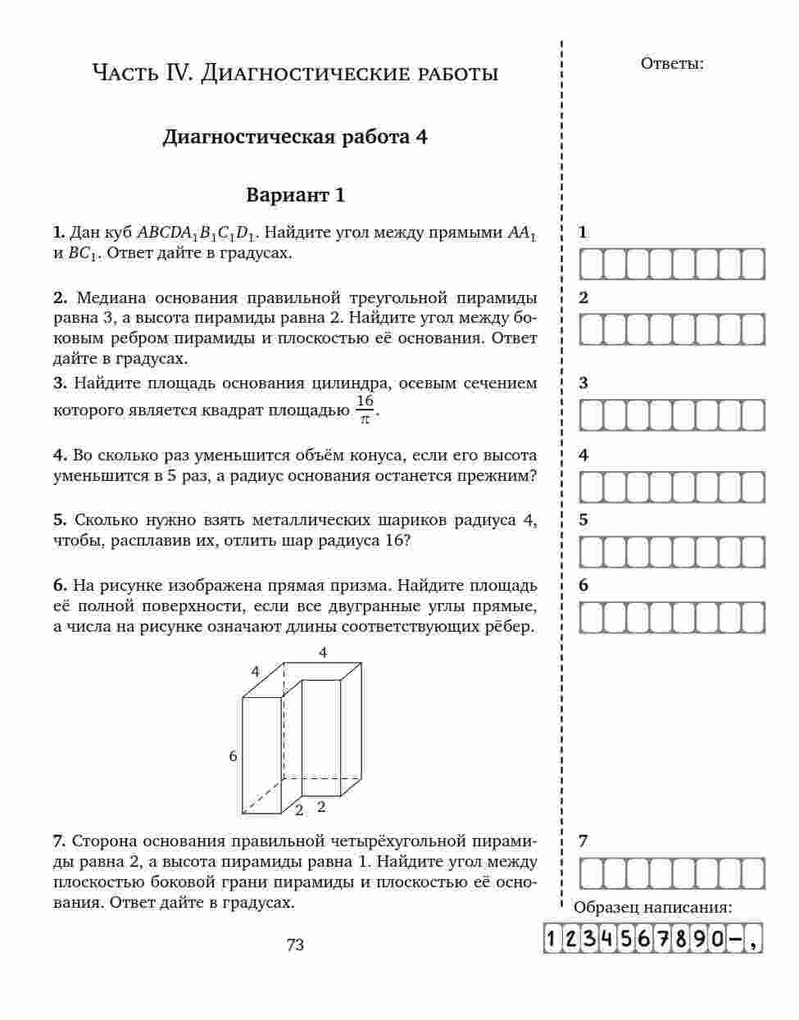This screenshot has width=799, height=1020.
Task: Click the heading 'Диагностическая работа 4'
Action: pyautogui.click(x=295, y=137)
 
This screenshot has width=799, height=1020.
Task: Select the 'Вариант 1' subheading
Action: pyautogui.click(x=295, y=196)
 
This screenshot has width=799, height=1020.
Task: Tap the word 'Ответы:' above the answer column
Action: pyautogui.click(x=671, y=64)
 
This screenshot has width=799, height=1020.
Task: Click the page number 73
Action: pyautogui.click(x=295, y=945)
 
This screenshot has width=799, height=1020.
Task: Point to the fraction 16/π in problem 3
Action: pyautogui.click(x=365, y=409)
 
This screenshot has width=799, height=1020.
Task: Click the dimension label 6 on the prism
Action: pyautogui.click(x=233, y=756)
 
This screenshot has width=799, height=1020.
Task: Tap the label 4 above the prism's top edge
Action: pyautogui.click(x=323, y=653)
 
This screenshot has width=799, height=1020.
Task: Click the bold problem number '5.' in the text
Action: pyautogui.click(x=60, y=520)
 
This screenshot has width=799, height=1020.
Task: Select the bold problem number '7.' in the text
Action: pyautogui.click(x=59, y=841)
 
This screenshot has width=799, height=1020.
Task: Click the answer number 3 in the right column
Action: pyautogui.click(x=583, y=383)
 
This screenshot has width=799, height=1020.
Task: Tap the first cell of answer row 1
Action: pyautogui.click(x=592, y=265)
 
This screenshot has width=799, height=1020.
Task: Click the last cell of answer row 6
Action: pyautogui.click(x=752, y=618)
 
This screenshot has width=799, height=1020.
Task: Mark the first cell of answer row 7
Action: pyautogui.click(x=592, y=873)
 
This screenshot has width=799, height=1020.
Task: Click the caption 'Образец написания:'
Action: pyautogui.click(x=652, y=908)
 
